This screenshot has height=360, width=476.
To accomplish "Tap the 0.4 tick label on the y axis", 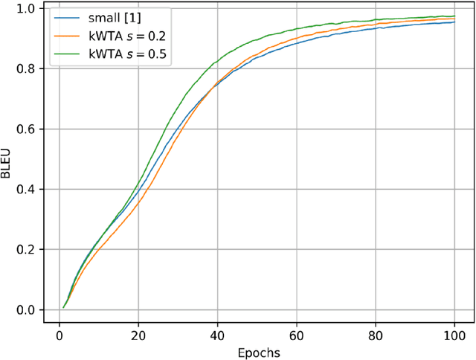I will click(26, 189).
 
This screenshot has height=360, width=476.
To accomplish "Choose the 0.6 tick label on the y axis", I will click(26, 129).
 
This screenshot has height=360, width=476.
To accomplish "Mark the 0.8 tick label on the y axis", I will click(26, 68).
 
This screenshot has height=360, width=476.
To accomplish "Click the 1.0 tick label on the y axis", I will click(26, 8).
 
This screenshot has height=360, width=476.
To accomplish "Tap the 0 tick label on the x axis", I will click(59, 334).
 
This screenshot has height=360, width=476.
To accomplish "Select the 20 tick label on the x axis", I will click(138, 334).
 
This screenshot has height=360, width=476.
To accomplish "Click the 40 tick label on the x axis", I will click(217, 334).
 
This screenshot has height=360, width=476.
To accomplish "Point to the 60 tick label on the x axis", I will click(296, 334).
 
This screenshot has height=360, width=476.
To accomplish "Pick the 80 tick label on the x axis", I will click(375, 334).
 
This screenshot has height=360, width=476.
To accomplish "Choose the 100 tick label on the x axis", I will click(454, 334).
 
